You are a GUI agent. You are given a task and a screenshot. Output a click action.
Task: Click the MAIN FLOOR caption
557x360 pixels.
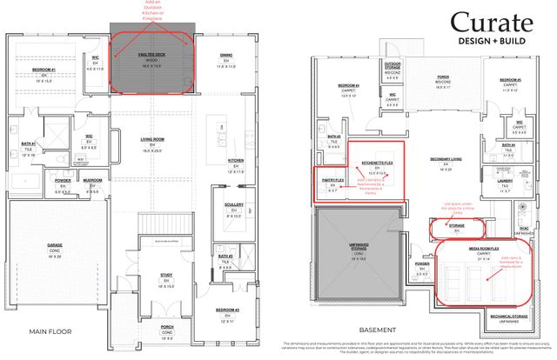(x=52, y=331)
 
